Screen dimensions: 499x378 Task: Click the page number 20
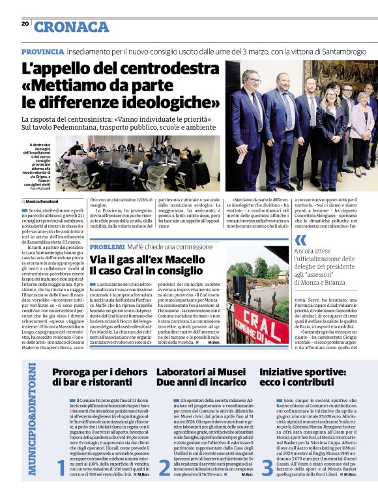point(25,23)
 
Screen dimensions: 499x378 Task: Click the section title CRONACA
point(72,27)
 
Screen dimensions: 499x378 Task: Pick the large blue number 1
point(61,468)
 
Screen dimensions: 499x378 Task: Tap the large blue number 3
point(267,468)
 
